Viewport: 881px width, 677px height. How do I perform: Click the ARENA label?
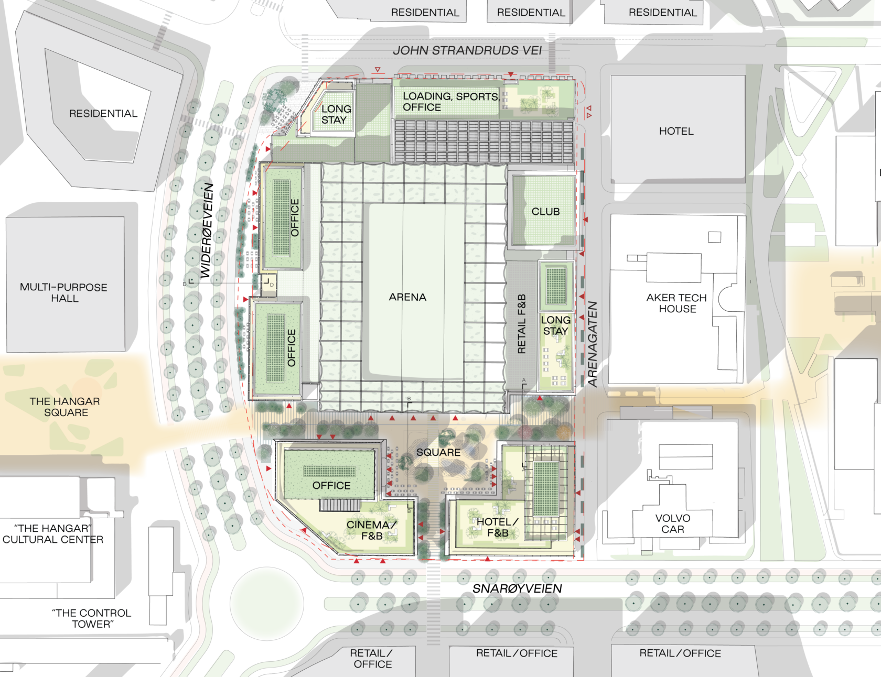(407, 297)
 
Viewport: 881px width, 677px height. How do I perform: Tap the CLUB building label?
(545, 212)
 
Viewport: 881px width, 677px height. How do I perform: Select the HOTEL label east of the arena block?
(676, 131)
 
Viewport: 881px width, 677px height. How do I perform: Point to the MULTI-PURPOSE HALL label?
(64, 292)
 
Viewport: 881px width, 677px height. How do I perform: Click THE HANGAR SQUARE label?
(65, 407)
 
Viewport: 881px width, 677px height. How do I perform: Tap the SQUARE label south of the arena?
(438, 452)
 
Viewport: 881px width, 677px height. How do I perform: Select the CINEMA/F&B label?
(371, 530)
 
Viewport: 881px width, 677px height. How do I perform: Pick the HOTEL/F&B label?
(497, 527)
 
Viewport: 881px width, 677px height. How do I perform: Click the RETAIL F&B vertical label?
(522, 323)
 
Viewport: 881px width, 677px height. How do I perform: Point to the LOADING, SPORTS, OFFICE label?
(450, 102)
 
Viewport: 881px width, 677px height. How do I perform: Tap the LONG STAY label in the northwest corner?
(336, 114)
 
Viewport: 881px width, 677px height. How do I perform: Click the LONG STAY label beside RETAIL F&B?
(556, 325)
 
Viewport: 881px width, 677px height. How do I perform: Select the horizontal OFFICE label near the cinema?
(331, 486)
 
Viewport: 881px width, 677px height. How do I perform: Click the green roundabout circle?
(266, 603)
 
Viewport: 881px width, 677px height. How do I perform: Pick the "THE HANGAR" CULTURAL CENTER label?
(52, 534)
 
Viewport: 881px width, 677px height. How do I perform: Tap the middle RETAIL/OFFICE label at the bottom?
(517, 653)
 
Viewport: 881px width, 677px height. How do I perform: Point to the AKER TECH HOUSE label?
(677, 303)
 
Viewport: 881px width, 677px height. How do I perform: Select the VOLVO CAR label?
(673, 524)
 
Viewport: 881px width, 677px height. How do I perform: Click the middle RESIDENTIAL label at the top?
(531, 13)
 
